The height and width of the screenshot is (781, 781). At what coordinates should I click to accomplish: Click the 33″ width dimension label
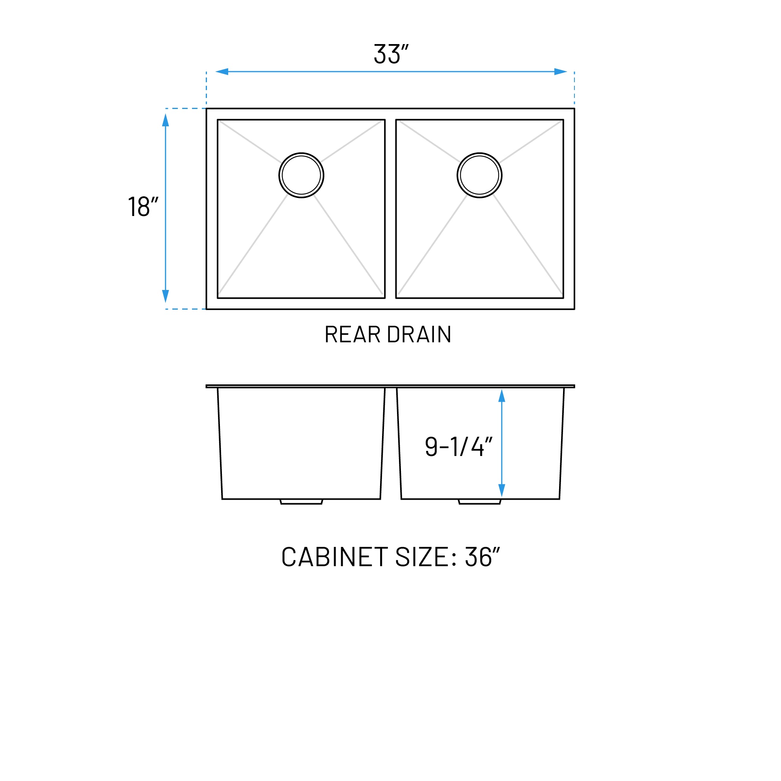click(x=390, y=54)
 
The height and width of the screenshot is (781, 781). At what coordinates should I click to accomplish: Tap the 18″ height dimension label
click(x=143, y=207)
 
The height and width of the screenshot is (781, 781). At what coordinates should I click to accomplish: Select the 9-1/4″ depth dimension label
click(x=458, y=447)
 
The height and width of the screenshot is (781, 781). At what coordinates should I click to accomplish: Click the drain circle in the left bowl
click(x=301, y=175)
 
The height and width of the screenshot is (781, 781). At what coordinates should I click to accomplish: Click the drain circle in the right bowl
click(x=480, y=175)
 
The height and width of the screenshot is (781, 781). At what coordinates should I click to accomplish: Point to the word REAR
click(x=353, y=335)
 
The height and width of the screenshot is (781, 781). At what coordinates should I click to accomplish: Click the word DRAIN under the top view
click(x=419, y=335)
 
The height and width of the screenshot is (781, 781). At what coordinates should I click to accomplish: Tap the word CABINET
click(x=334, y=557)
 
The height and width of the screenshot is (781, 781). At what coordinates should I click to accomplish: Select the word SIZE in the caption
click(x=421, y=557)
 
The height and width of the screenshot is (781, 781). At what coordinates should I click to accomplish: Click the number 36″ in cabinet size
click(x=482, y=557)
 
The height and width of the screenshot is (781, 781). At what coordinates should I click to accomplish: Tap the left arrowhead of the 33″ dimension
click(x=222, y=72)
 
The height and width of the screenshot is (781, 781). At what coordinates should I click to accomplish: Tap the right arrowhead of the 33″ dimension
click(x=560, y=72)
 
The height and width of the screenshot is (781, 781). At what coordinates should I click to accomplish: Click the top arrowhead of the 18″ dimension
click(x=165, y=120)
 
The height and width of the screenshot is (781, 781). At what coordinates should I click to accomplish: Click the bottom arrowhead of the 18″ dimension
click(x=165, y=296)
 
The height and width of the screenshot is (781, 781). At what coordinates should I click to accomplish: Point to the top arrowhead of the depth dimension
click(x=502, y=396)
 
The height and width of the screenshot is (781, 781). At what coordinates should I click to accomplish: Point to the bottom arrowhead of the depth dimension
click(x=502, y=490)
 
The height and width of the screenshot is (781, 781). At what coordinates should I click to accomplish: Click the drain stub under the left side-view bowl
click(x=301, y=502)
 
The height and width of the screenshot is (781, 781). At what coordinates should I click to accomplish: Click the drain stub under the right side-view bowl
click(x=480, y=502)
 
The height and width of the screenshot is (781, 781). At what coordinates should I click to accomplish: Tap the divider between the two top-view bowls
click(x=390, y=209)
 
